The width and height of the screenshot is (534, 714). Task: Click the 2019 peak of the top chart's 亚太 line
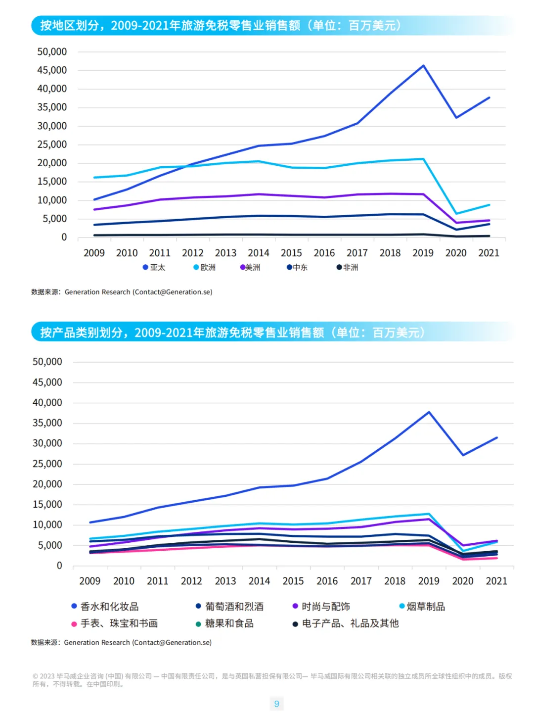[423, 65]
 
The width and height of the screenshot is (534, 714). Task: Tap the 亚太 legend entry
[154, 267]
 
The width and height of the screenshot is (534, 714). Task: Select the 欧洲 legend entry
[205, 267]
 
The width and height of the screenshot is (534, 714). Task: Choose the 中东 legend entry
[297, 267]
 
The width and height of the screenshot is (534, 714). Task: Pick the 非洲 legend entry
[348, 267]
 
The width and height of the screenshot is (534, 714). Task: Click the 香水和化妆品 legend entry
[105, 606]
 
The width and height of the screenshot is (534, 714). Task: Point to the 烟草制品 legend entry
[422, 606]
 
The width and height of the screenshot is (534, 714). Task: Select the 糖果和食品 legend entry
[225, 623]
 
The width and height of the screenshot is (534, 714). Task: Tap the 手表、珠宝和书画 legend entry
[115, 623]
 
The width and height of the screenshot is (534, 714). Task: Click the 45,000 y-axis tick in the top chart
[52, 70]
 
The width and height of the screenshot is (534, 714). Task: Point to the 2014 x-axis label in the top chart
[259, 253]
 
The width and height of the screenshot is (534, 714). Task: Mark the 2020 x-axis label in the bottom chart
[463, 581]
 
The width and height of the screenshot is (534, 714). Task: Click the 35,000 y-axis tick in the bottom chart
[47, 423]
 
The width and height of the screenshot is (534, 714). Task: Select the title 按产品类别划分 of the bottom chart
[232, 333]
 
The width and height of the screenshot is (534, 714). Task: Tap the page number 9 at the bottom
[277, 704]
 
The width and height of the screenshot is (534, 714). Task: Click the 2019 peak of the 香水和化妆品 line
[429, 412]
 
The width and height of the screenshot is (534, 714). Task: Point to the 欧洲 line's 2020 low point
[456, 214]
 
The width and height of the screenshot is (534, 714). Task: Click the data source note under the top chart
[122, 292]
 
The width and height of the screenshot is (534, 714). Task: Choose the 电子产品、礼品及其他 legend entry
[346, 623]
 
